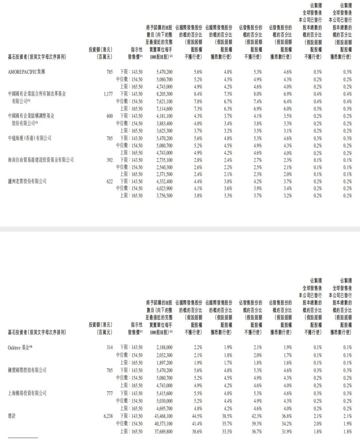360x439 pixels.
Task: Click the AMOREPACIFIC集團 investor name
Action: pyautogui.click(x=26, y=72)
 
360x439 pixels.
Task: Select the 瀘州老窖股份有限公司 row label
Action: pyautogui.click(x=27, y=181)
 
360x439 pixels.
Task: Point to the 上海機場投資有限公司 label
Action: pyautogui.click(x=27, y=393)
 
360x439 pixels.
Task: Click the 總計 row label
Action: pyautogui.click(x=12, y=416)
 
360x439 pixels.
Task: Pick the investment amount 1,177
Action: pyautogui.click(x=108, y=94)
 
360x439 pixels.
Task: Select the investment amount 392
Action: pyautogui.click(x=110, y=160)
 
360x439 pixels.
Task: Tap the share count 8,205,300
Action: pyautogui.click(x=164, y=94)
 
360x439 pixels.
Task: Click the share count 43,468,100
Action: pyautogui.click(x=163, y=416)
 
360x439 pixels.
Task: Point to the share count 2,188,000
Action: pyautogui.click(x=164, y=347)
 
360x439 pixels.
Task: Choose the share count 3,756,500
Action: pyautogui.click(x=164, y=196)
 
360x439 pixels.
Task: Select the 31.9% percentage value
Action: pyautogui.click(x=287, y=431)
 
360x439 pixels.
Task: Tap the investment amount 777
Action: pyautogui.click(x=110, y=393)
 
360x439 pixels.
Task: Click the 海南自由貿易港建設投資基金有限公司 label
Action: pyautogui.click(x=41, y=160)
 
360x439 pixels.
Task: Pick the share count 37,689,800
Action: pyautogui.click(x=163, y=431)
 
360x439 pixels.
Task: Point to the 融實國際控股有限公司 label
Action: pyautogui.click(x=27, y=370)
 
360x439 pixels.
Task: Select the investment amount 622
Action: pyautogui.click(x=110, y=181)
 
